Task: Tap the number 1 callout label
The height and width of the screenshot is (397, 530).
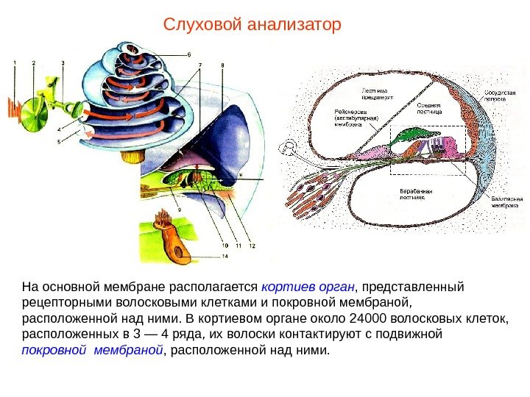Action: [x=13, y=64]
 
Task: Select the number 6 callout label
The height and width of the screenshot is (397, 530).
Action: [x=188, y=54]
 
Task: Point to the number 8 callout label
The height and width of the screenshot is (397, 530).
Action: [x=222, y=65]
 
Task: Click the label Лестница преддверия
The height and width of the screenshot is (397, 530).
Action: [x=375, y=92]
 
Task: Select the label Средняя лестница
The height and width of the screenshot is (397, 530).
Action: [x=429, y=109]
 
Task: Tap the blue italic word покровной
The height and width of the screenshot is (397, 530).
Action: [x=46, y=351]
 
